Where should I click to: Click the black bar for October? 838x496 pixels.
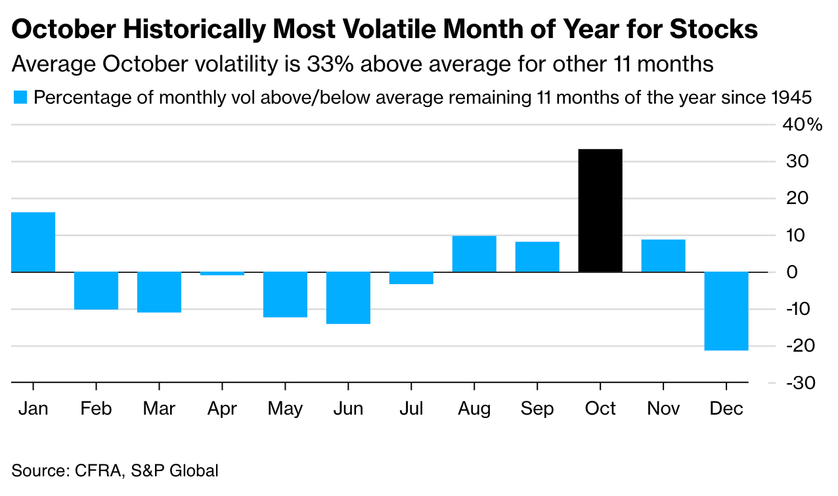pyautogui.click(x=600, y=211)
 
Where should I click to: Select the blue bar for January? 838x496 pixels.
pyautogui.click(x=33, y=242)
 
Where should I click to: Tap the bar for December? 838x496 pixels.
pyautogui.click(x=726, y=311)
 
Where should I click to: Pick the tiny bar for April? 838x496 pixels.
pyautogui.click(x=222, y=274)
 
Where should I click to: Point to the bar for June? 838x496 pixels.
pyautogui.click(x=348, y=298)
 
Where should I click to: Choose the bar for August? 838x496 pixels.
pyautogui.click(x=474, y=254)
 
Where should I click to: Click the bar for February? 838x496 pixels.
pyautogui.click(x=96, y=291)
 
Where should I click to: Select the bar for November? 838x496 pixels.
pyautogui.click(x=663, y=256)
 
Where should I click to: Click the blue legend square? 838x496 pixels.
pyautogui.click(x=19, y=98)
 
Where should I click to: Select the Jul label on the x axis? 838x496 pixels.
pyautogui.click(x=411, y=409)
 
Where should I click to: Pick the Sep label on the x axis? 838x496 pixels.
pyautogui.click(x=537, y=409)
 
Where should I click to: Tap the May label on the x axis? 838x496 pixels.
pyautogui.click(x=285, y=409)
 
